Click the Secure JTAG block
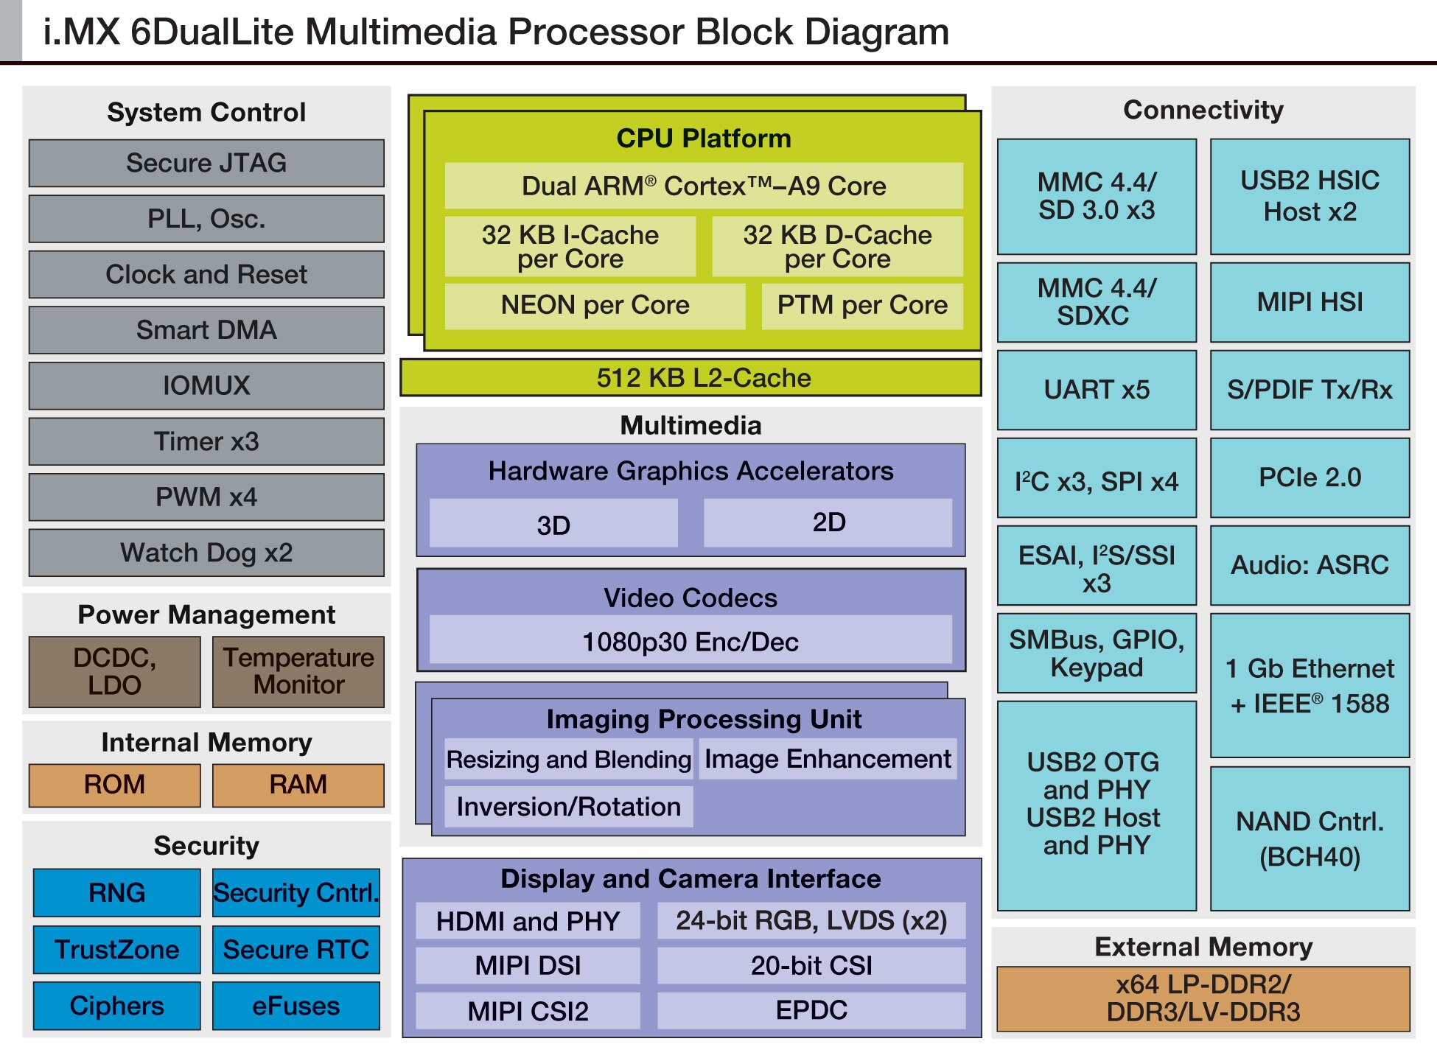coord(206,163)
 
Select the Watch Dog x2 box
coord(206,553)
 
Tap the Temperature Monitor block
coord(298,671)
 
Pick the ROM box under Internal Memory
coord(114,785)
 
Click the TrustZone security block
coord(116,950)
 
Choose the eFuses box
coord(296,1006)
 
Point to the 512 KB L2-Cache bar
coord(690,378)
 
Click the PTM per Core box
coord(862,305)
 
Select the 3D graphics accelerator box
coord(553,524)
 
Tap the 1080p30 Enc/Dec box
coord(690,641)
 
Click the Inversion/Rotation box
coord(568,807)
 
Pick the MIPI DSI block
coord(528,965)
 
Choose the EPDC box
coord(811,1010)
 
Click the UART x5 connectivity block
coord(1097,390)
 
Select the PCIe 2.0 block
coord(1310,477)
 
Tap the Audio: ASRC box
coord(1310,565)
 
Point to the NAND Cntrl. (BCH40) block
coord(1310,838)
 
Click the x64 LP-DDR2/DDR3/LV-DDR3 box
coord(1203,998)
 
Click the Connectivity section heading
coord(1203,110)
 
